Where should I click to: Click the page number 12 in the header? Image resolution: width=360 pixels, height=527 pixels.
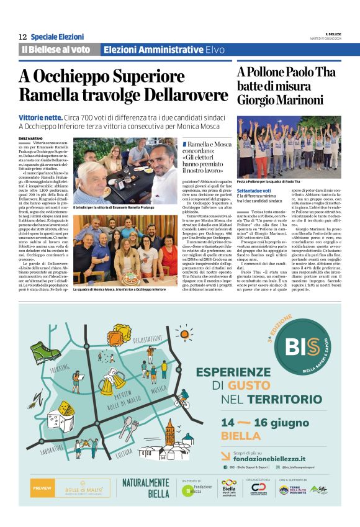click(x=22, y=37)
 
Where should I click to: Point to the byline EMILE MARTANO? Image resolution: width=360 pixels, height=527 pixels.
click(x=30, y=138)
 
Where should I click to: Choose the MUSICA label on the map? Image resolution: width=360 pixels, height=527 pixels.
click(x=159, y=389)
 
